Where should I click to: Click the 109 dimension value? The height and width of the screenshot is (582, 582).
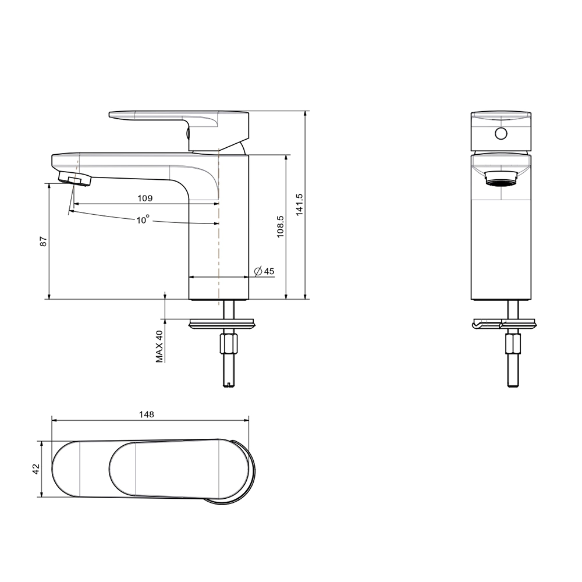pyautogui.click(x=145, y=198)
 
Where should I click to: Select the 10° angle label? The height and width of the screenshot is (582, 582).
pyautogui.click(x=143, y=219)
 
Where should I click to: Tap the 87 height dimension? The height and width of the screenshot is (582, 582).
pyautogui.click(x=44, y=242)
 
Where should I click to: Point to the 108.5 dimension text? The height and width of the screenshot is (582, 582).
pyautogui.click(x=281, y=226)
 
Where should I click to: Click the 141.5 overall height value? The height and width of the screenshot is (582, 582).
pyautogui.click(x=300, y=204)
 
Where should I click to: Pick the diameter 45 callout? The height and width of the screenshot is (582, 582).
pyautogui.click(x=264, y=271)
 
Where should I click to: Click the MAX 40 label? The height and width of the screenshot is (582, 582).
pyautogui.click(x=159, y=346)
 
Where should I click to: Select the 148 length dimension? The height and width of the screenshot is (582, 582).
pyautogui.click(x=147, y=414)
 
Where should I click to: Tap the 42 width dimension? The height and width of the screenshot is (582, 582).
pyautogui.click(x=36, y=469)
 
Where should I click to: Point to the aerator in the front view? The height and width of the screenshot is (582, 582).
pyautogui.click(x=501, y=178)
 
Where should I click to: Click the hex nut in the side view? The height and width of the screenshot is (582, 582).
pyautogui.click(x=228, y=344)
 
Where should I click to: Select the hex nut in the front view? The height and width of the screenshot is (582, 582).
pyautogui.click(x=513, y=344)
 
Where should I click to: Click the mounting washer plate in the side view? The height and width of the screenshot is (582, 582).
pyautogui.click(x=222, y=324)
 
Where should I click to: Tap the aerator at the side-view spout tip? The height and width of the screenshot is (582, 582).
pyautogui.click(x=75, y=179)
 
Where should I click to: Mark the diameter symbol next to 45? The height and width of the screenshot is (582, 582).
pyautogui.click(x=258, y=271)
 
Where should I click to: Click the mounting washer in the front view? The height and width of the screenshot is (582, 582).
pyautogui.click(x=505, y=324)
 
